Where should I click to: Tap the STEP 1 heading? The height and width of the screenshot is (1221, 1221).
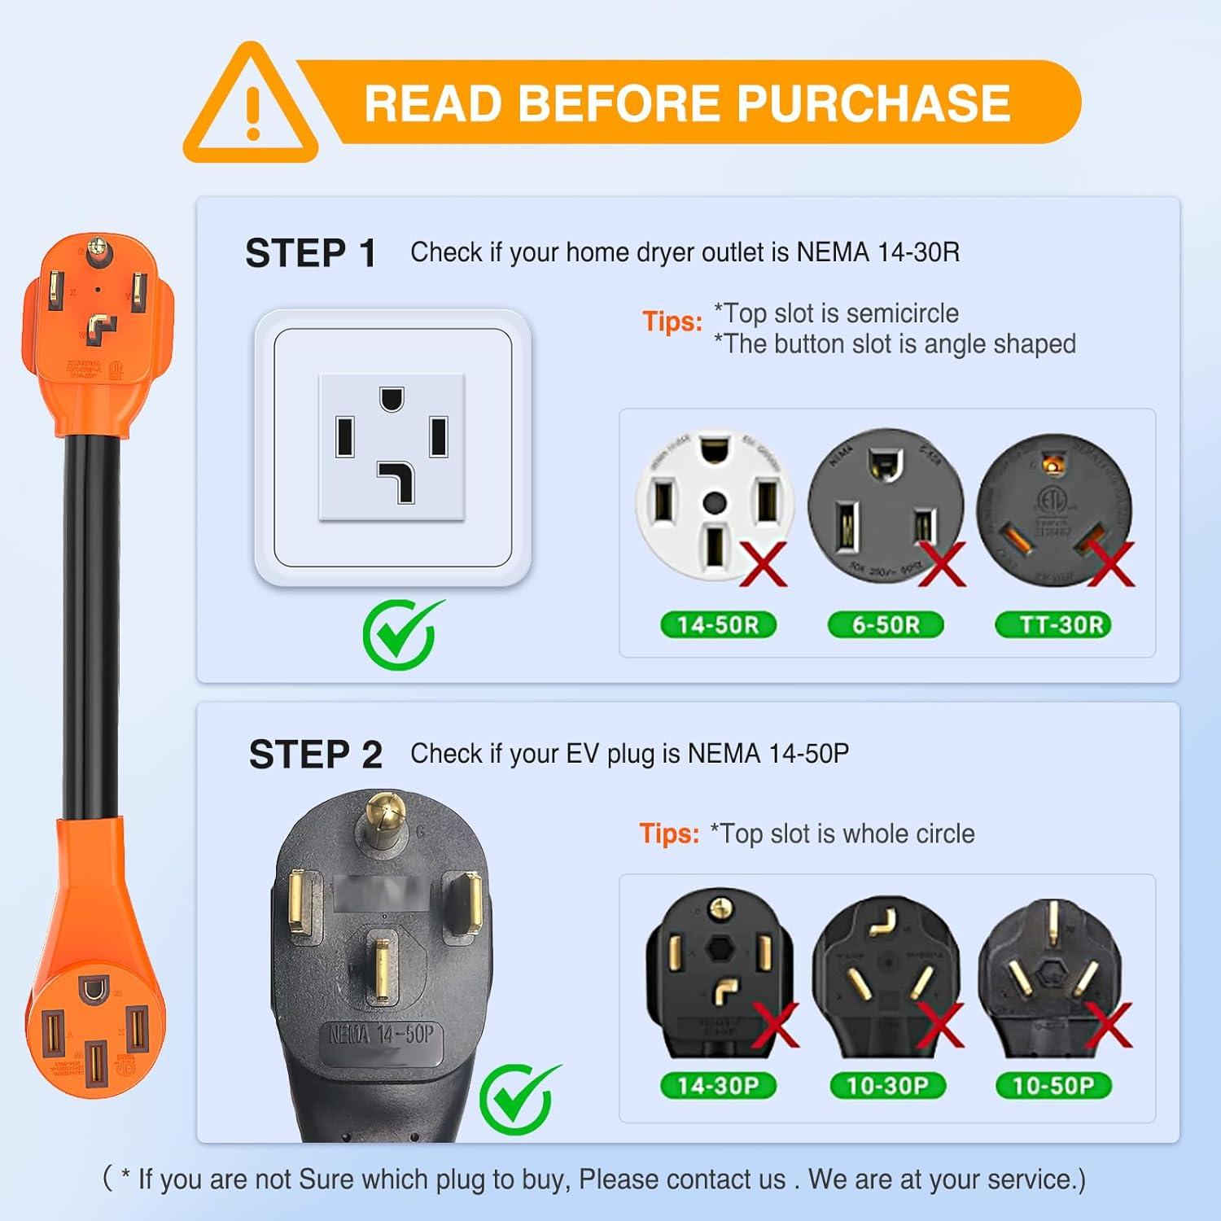310,253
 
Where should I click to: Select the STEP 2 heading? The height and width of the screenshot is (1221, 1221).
315,755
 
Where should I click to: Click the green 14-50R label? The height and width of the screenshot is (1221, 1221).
718,625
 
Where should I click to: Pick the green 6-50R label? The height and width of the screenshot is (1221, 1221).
886,625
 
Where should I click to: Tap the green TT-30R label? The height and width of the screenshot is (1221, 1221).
1053,625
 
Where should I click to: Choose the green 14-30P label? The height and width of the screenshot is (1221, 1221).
718,1085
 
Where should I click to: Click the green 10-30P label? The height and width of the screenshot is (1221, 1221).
887,1085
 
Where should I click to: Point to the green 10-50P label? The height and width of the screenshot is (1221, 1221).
1053,1085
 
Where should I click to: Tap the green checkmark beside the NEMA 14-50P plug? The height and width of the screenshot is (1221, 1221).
518,1098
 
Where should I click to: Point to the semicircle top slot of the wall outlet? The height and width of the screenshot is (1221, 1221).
392,399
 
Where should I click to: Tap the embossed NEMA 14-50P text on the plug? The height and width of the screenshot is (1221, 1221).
381,1035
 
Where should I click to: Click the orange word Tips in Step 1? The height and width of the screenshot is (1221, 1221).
672,322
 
